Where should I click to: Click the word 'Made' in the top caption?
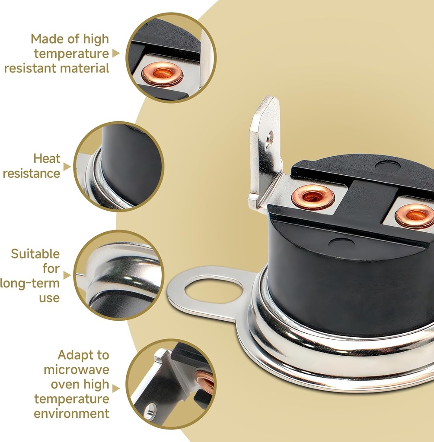[x=45, y=39]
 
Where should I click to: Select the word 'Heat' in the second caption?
[x=47, y=158]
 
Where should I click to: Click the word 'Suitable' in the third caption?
[x=35, y=254]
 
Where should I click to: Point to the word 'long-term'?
[x=30, y=283]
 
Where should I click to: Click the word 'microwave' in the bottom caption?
[x=77, y=369]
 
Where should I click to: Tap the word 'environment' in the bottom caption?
[x=71, y=414]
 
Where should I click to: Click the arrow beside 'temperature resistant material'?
[x=116, y=53]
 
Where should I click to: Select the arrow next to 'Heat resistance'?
[x=67, y=167]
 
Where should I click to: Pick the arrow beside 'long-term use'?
[x=67, y=275]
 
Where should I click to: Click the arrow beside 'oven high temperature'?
[x=116, y=389]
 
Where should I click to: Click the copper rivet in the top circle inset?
[x=163, y=74]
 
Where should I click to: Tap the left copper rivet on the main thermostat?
[x=313, y=196]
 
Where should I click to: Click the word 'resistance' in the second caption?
[x=32, y=174]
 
